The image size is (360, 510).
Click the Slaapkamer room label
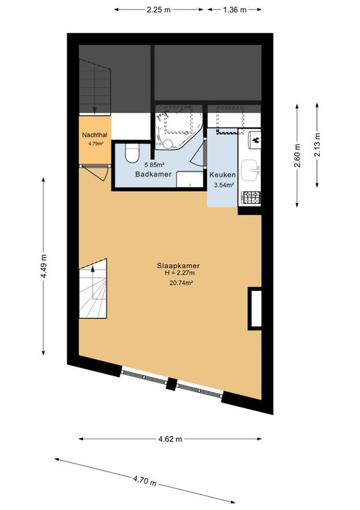pos(178,265)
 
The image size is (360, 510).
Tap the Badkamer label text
pos(154,175)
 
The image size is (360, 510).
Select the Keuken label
pos(222,175)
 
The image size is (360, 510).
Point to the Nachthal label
pos(95,135)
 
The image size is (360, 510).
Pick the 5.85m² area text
pos(154,165)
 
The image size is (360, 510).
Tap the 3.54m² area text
pos(224,186)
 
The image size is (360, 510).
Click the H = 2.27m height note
pos(180,273)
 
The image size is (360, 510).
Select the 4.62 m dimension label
pos(170,439)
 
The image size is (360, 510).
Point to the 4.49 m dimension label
pos(44,266)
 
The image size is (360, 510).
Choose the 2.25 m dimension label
pos(159,10)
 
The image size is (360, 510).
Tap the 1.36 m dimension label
pos(235,10)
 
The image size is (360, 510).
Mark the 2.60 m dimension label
pos(297,155)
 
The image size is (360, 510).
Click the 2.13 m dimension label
pos(318,145)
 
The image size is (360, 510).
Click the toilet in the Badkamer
pos(132,153)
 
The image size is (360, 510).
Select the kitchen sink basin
pos(250,170)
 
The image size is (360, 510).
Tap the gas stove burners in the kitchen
pos(251,197)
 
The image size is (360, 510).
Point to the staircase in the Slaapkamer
pos(93,288)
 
